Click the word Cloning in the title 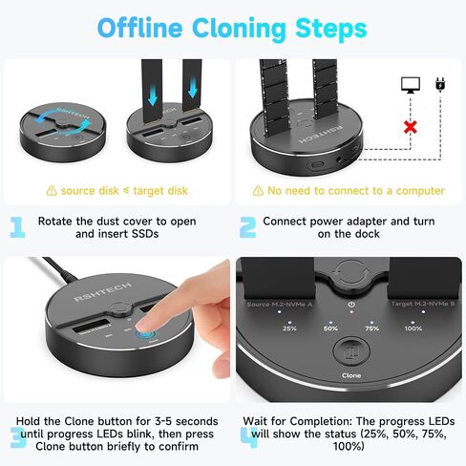point(239,29)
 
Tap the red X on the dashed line point(411,127)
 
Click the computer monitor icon point(411,85)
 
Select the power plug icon point(440,85)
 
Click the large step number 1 point(17,227)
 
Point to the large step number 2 point(247,227)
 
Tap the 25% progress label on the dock point(289,328)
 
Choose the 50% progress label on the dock point(330,328)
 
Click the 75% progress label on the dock point(371,328)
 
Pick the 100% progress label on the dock point(413,328)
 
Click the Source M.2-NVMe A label point(280,305)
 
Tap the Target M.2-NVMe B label point(423,304)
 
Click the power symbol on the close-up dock point(351,305)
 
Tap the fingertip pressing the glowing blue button point(144,328)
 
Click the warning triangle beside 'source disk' point(52,191)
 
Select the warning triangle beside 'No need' point(258,191)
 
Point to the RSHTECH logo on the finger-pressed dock point(102,291)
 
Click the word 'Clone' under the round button point(351,375)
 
